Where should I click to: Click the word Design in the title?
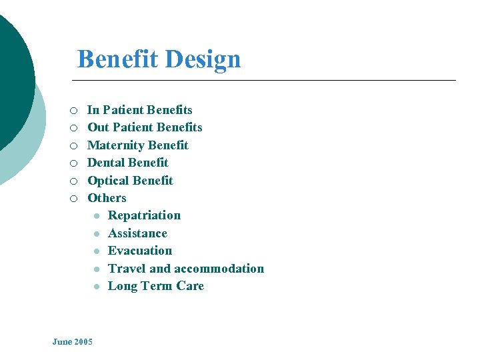click(x=203, y=59)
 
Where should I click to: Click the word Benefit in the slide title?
click(x=117, y=59)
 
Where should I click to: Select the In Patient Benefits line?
click(x=140, y=110)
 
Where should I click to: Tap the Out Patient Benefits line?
click(x=145, y=127)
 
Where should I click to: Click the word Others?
click(x=107, y=198)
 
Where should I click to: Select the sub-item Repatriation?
click(x=144, y=215)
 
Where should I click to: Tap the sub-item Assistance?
click(x=137, y=233)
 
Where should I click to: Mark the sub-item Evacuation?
click(x=140, y=251)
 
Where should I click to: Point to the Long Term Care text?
click(x=156, y=286)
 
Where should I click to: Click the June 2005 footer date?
click(x=73, y=342)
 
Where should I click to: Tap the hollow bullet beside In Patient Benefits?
click(x=74, y=111)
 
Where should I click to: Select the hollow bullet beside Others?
click(x=74, y=199)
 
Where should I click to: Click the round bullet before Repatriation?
click(x=97, y=216)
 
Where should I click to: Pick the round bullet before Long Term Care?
click(x=97, y=287)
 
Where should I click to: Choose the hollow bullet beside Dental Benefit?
click(x=74, y=163)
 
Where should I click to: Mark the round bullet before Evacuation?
click(x=97, y=251)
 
